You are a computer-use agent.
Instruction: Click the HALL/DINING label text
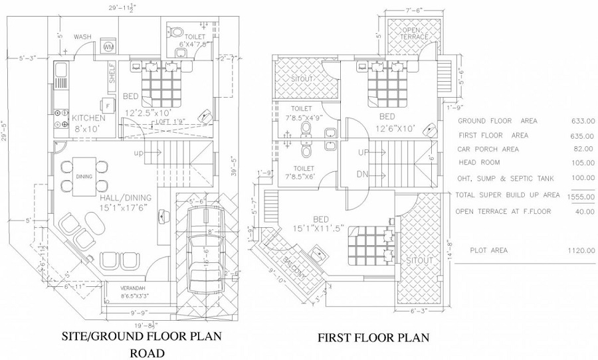point(126,197)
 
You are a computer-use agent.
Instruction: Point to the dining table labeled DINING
point(84,176)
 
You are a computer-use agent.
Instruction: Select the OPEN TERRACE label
point(413,34)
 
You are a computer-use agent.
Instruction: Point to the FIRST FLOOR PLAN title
point(373,338)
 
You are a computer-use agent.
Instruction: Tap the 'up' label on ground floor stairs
point(139,153)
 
